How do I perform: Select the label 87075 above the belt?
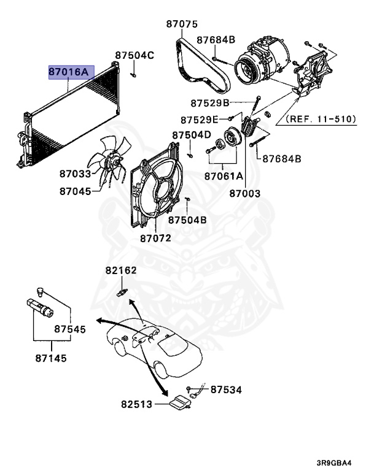(182, 25)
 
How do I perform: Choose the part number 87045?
(75, 191)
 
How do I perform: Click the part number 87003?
(245, 193)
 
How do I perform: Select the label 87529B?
(209, 102)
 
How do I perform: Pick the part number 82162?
(120, 270)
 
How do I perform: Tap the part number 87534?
(226, 389)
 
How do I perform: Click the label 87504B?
(187, 220)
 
